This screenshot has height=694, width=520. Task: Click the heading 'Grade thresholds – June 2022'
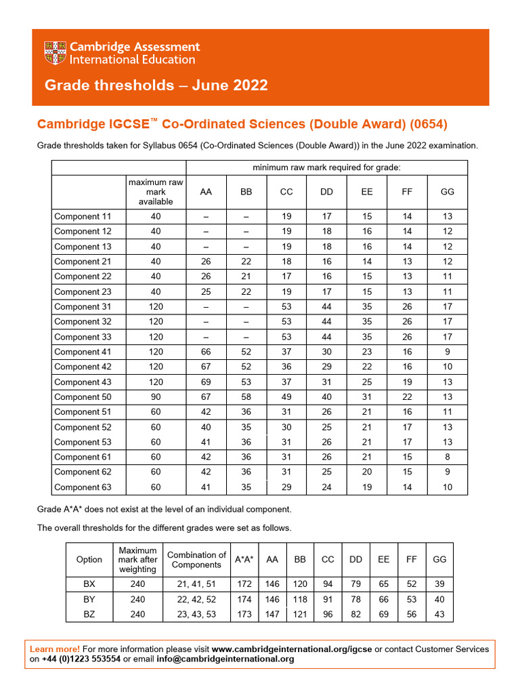156,85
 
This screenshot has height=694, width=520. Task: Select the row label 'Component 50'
83,396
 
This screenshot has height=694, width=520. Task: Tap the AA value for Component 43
206,382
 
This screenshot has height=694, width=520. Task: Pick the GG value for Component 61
447,457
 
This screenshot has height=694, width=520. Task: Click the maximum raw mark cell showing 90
156,396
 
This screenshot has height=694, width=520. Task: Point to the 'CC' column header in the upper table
286,192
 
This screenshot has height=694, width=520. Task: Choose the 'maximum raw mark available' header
156,192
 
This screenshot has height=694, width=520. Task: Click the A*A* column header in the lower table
244,559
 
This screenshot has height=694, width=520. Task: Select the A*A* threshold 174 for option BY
244,599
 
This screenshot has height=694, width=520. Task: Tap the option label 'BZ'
89,614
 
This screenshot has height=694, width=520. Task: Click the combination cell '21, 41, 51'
196,584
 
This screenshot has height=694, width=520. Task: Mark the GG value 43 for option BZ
439,614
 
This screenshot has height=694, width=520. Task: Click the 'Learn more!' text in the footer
55,649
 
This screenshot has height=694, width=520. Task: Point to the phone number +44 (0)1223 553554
81,659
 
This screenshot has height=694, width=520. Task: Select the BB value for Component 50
246,396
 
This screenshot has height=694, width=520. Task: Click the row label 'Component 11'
83,216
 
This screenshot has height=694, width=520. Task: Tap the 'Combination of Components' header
196,559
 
